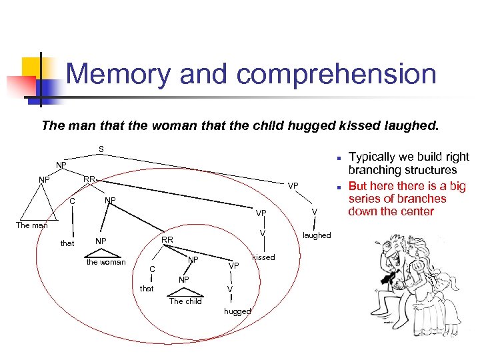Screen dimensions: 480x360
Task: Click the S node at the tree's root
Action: click(x=100, y=149)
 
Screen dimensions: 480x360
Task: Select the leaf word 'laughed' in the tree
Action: click(x=317, y=235)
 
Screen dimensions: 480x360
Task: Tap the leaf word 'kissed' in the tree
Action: click(x=263, y=257)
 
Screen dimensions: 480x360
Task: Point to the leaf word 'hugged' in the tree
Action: click(x=237, y=311)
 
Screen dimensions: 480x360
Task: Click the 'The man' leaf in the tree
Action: click(x=32, y=225)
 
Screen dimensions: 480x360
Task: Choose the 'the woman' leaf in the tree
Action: click(x=106, y=262)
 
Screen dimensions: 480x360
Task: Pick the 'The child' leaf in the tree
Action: click(x=185, y=301)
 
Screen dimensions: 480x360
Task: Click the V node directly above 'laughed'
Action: click(x=314, y=211)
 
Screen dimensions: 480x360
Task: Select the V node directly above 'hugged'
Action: click(x=229, y=289)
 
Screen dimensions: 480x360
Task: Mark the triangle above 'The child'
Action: click(x=185, y=292)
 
